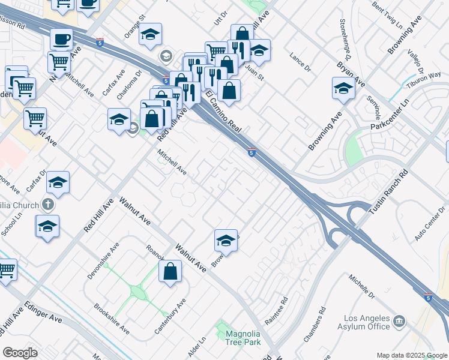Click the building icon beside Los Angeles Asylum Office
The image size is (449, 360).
tap(399, 323)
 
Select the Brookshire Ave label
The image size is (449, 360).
tap(112, 319)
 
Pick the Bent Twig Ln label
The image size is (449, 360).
tap(387, 17)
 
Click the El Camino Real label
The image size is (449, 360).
tap(223, 112)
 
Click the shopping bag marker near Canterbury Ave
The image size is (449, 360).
tap(170, 271)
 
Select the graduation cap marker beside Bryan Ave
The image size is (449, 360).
tap(343, 88)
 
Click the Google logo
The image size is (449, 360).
tap(20, 353)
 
